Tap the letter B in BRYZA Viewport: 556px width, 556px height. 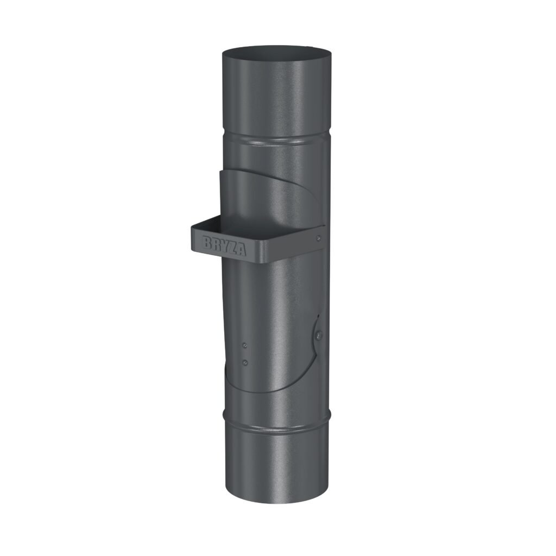click(207, 242)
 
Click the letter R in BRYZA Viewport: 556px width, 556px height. click(216, 244)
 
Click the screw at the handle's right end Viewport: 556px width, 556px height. click(319, 238)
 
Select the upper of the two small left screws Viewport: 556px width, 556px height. click(244, 345)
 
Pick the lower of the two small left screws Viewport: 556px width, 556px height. click(245, 362)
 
